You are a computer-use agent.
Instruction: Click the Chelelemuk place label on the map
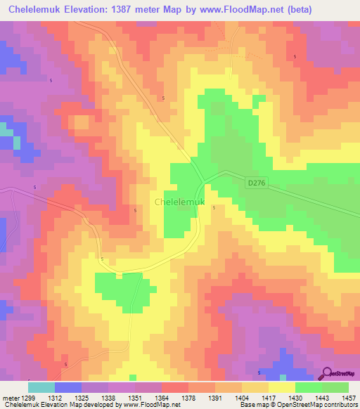179,202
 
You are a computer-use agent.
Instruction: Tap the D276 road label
257,183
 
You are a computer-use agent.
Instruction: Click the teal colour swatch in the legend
41,387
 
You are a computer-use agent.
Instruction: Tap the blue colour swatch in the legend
67,387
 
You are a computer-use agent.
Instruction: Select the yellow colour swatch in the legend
281,387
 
